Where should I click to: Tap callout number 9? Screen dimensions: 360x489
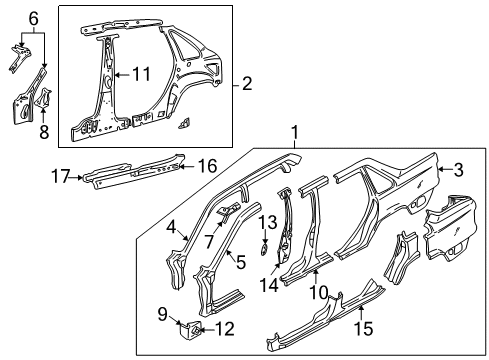[163, 313]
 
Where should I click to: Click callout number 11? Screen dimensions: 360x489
[142, 74]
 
